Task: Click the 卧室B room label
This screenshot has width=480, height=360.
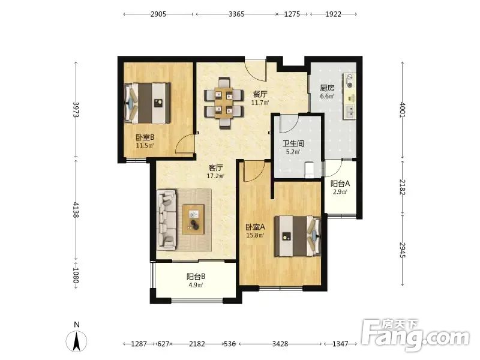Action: [145, 138]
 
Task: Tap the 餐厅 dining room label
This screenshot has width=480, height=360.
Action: [260, 94]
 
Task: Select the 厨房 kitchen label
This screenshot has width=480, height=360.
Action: [327, 88]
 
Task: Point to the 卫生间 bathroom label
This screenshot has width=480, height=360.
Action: [293, 143]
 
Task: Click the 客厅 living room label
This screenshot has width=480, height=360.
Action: [215, 168]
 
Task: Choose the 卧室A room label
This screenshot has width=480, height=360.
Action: [255, 227]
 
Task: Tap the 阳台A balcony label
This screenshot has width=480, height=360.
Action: [340, 184]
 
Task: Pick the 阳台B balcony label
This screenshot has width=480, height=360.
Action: [196, 277]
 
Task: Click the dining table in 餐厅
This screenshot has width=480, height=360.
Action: [224, 103]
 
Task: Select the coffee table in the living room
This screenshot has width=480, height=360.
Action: [193, 220]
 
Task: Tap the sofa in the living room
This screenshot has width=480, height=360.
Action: [167, 220]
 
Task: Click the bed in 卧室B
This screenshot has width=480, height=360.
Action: [147, 103]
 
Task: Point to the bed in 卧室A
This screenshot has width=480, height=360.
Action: [297, 236]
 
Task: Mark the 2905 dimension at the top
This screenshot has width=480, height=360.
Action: [158, 14]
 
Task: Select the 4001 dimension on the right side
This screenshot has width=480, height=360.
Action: [402, 110]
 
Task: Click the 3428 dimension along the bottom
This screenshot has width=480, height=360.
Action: [280, 344]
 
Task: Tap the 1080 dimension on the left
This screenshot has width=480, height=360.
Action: [76, 276]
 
